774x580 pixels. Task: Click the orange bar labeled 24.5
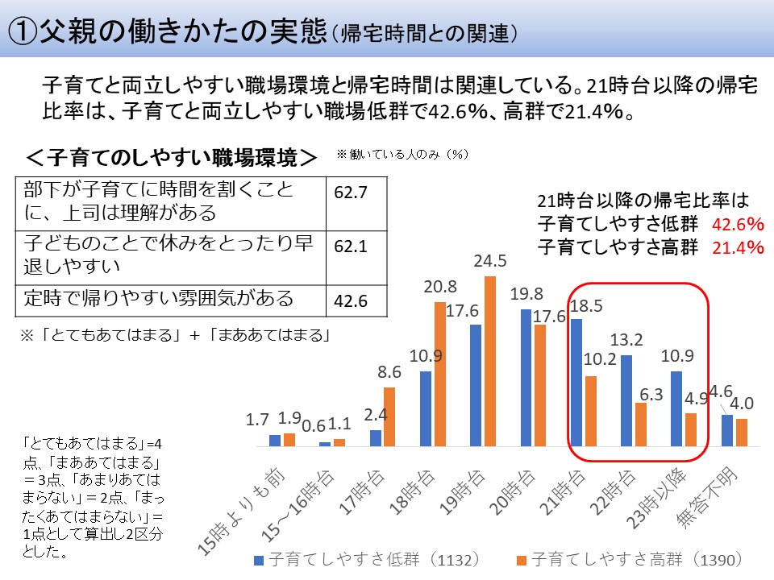[x=489, y=361]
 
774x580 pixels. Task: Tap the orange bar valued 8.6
[x=389, y=416]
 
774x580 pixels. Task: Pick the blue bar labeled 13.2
[x=626, y=400]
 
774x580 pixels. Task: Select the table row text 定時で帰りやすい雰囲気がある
[x=158, y=300]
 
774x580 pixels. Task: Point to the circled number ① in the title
[x=24, y=31]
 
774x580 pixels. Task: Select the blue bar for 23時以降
[x=676, y=408]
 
